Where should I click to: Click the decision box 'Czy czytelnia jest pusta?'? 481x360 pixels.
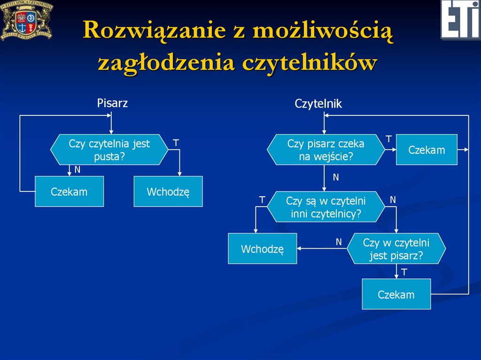pos(109,150)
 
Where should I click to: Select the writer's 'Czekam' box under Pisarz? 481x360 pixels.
pos(69,191)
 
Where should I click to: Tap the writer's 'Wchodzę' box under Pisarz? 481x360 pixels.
pos(168,191)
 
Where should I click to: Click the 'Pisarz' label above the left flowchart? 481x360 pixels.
pos(112,103)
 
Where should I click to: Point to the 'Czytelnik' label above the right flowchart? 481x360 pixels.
pos(318,104)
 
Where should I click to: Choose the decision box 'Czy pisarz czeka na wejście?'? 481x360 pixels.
pos(326,150)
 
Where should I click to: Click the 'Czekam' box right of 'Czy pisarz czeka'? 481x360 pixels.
pos(426,150)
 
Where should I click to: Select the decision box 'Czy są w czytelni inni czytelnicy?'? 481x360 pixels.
pos(326,207)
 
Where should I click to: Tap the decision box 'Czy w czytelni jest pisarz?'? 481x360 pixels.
pos(396,249)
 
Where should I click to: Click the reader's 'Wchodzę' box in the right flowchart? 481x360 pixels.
pos(262,249)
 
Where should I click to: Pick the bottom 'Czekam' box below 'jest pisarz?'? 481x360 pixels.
pos(396,294)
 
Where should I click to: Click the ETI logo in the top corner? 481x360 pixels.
pos(460,19)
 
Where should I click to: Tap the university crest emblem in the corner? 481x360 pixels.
pos(26,20)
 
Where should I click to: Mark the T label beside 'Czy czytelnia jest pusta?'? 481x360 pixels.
pos(176,142)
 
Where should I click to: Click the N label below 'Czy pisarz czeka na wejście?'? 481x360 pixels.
pos(336,177)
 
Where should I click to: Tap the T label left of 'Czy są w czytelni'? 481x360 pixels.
pos(262,200)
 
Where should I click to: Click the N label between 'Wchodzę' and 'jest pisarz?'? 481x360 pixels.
pos(338,242)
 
